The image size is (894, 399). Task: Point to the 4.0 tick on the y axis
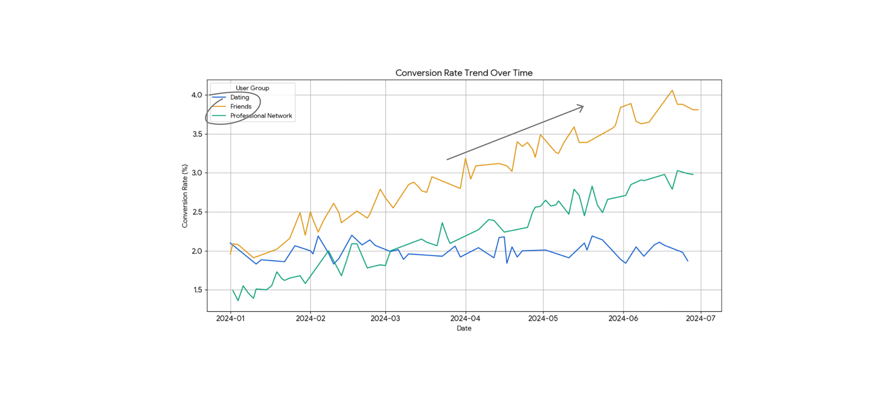pos(197,95)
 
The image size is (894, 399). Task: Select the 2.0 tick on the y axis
pos(197,251)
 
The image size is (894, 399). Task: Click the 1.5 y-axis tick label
pos(198,290)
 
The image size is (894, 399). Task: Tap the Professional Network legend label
pos(261,116)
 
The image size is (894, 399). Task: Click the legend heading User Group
pos(252,88)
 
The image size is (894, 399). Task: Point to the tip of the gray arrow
pos(583,106)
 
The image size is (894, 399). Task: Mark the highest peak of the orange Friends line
pos(672,91)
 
